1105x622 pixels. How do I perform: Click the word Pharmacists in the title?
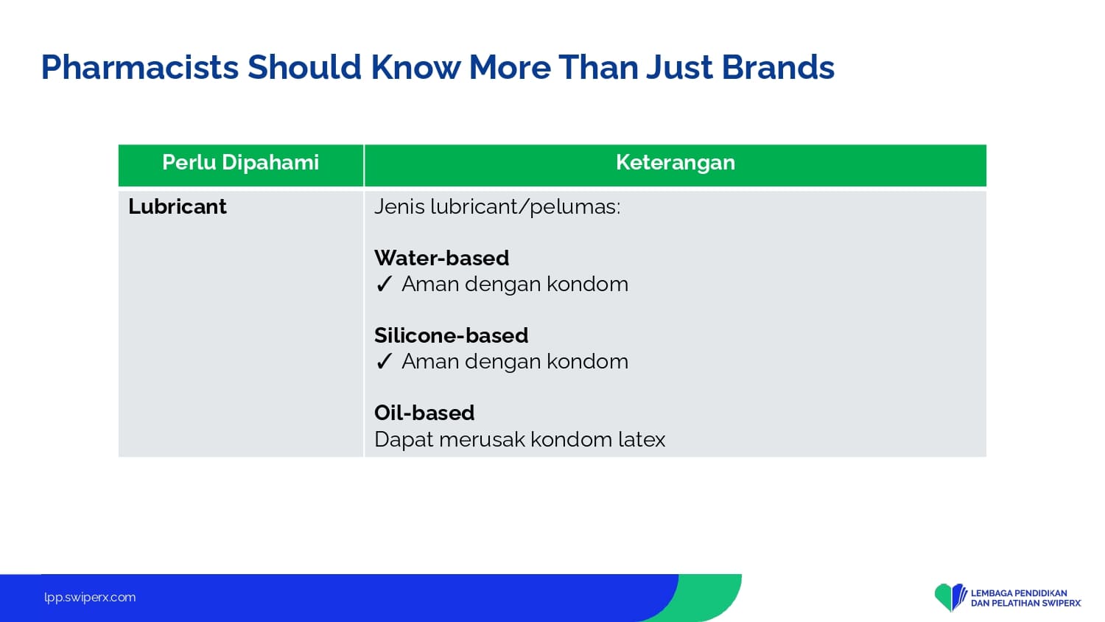click(140, 68)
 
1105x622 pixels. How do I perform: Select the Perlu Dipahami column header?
click(241, 163)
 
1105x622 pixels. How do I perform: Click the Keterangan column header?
click(676, 163)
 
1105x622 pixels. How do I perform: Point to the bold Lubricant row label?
click(177, 206)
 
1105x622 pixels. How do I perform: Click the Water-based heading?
click(441, 258)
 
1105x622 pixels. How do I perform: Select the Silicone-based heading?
click(451, 335)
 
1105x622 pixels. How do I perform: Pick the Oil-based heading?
click(424, 413)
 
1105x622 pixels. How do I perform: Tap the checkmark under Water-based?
click(384, 284)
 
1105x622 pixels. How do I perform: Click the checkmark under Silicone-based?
click(384, 362)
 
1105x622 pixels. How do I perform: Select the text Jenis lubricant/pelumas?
click(497, 207)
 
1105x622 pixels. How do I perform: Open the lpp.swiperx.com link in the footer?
click(90, 598)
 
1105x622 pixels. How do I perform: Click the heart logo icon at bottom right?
click(950, 598)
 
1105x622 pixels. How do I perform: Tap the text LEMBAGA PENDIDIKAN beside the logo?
click(1019, 593)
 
